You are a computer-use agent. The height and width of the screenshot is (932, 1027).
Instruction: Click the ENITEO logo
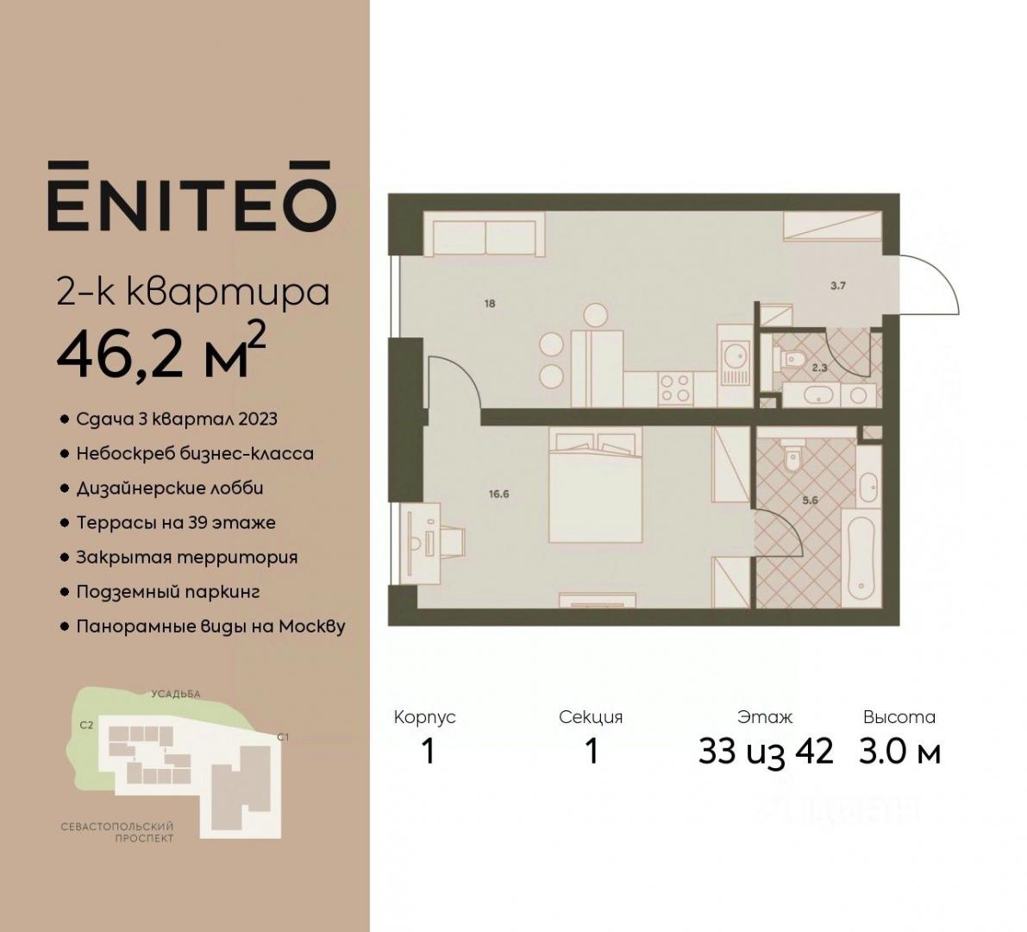tap(192, 195)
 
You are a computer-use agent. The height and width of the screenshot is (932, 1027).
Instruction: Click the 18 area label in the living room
tap(490, 304)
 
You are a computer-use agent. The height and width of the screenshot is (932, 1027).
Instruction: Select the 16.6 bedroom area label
tap(498, 494)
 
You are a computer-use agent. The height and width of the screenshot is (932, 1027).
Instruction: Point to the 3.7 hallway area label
tap(837, 286)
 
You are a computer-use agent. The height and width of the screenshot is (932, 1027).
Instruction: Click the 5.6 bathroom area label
tap(811, 500)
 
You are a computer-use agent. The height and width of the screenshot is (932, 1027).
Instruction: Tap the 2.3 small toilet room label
tap(819, 368)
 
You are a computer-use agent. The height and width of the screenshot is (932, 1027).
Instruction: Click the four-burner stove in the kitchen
tap(675, 387)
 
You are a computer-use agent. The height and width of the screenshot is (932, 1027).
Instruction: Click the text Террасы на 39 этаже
tap(176, 522)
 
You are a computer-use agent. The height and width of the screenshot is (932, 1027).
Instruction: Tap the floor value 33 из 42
tap(766, 752)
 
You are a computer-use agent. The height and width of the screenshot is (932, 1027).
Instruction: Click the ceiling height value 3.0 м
tap(900, 752)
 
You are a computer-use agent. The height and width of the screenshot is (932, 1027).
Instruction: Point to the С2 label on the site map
tap(86, 726)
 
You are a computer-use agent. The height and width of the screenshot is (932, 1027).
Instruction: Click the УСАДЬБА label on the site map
tap(176, 694)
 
